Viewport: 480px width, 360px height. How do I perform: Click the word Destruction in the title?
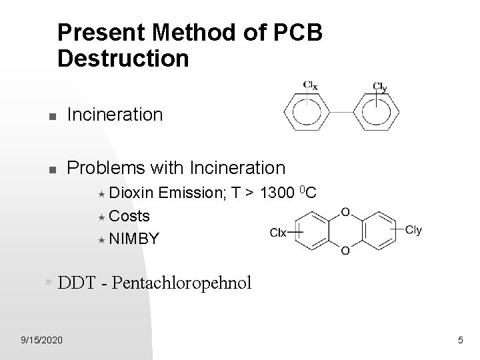coord(123,58)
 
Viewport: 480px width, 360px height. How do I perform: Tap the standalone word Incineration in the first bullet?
coord(115,115)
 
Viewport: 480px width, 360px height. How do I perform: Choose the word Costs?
coord(129,216)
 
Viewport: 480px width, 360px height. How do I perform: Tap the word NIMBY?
coord(134,238)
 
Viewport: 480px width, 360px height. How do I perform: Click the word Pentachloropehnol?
coord(182,283)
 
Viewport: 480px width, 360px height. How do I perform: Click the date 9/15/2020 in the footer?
coord(41,341)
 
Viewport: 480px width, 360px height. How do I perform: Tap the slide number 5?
coord(460,341)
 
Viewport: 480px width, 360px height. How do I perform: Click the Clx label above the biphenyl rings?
coord(311,85)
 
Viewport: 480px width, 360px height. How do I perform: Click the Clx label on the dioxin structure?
coord(279,232)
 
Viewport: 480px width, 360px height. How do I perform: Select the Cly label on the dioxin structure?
coord(413,231)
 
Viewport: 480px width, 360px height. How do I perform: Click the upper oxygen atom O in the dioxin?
coord(345,213)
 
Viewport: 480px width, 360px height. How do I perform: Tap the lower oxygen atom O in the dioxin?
coord(345,250)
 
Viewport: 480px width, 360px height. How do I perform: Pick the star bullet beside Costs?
coord(102,217)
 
